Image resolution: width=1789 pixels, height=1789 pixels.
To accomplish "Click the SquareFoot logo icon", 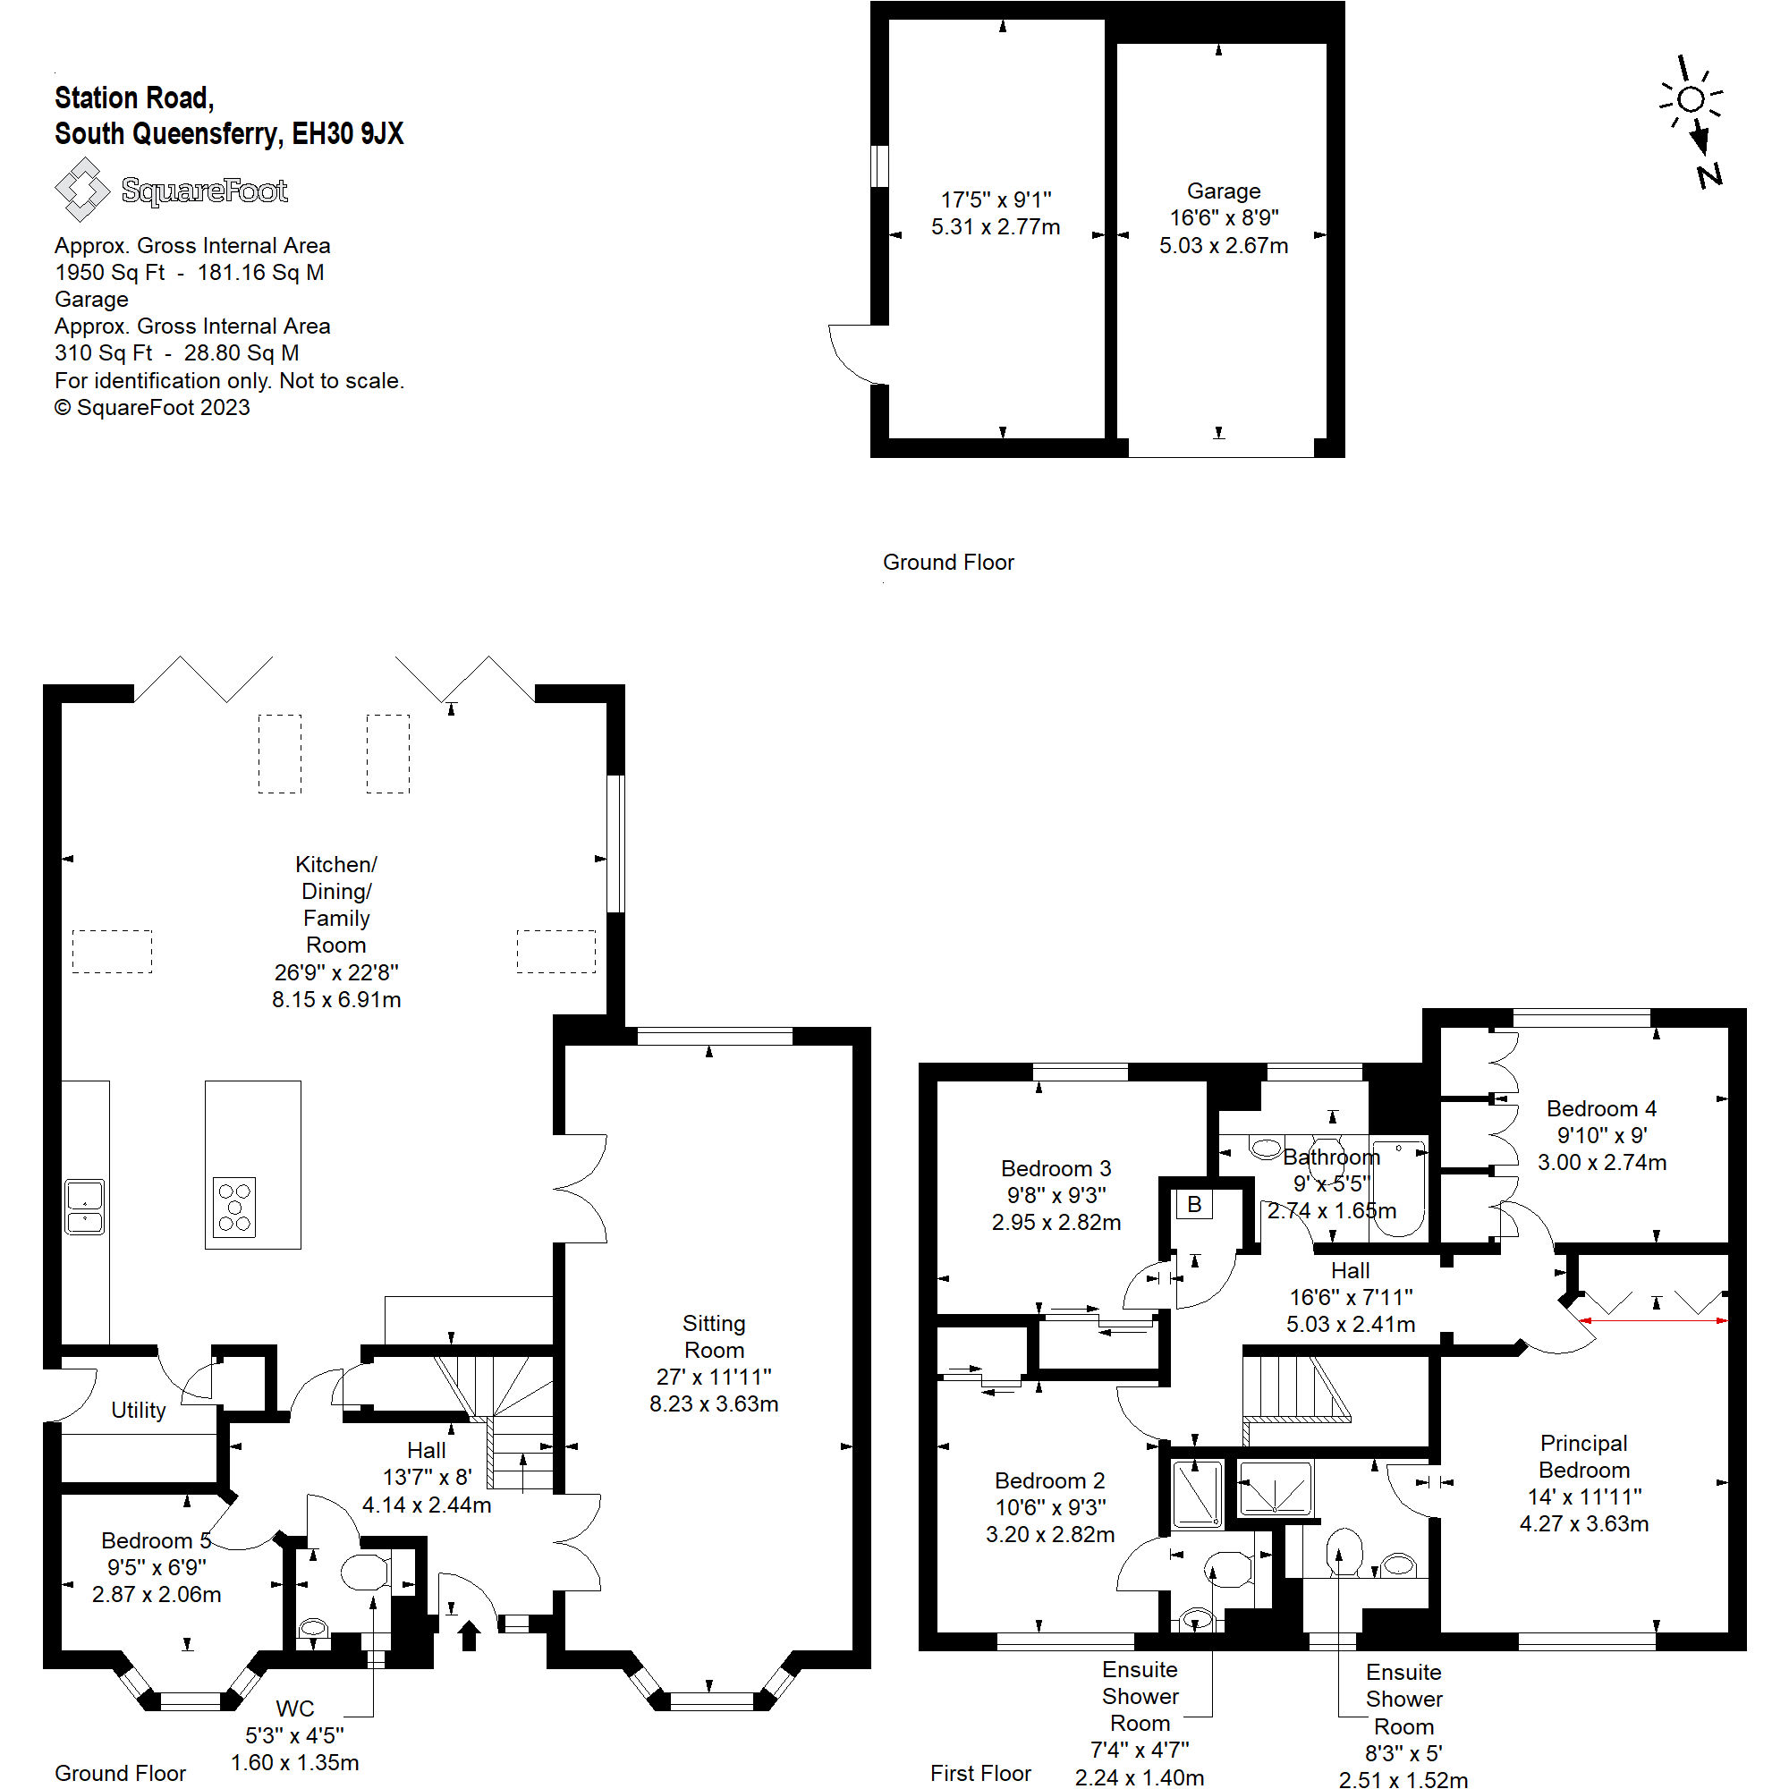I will [x=81, y=189].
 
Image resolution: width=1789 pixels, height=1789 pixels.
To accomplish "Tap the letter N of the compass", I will [x=1709, y=174].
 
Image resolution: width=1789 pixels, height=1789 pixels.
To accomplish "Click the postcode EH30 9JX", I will [x=347, y=134].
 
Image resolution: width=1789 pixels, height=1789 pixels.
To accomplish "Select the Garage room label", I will [x=1223, y=191].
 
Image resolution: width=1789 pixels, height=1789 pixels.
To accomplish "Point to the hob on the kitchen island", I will [x=234, y=1207].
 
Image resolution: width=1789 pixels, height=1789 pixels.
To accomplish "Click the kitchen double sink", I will [x=84, y=1207].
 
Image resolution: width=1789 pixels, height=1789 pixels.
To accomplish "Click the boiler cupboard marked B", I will [x=1193, y=1205].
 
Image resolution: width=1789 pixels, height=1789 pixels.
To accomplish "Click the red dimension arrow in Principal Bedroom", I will [x=1654, y=1320].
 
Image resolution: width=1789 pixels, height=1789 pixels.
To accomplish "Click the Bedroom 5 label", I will [x=156, y=1540].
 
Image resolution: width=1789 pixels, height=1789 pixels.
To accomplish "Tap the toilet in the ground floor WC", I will [x=365, y=1572].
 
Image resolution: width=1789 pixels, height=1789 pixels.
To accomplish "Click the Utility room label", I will [x=138, y=1410].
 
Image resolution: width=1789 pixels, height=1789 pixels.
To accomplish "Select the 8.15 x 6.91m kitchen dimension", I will [x=336, y=999].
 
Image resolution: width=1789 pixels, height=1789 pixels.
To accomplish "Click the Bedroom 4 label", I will [x=1601, y=1108].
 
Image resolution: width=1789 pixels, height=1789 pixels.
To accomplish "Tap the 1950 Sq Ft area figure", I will [x=109, y=272].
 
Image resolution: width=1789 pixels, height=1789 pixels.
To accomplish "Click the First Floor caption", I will [x=979, y=1772].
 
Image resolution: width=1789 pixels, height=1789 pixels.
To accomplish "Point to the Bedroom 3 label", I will [x=1056, y=1167].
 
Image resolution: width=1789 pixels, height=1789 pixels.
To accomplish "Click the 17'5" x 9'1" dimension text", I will [x=996, y=199].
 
